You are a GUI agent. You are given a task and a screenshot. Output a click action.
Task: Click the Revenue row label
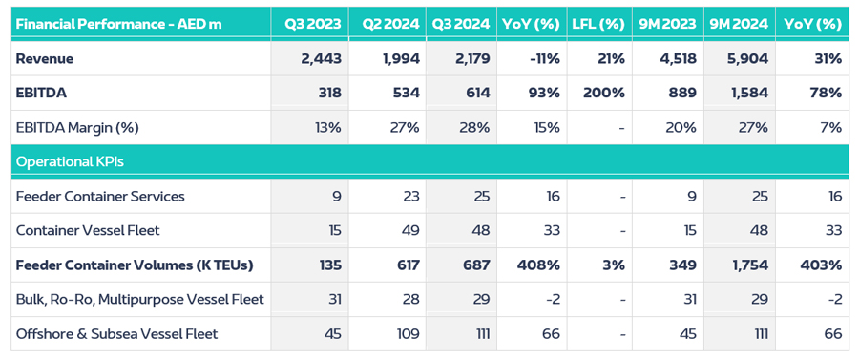tap(45, 59)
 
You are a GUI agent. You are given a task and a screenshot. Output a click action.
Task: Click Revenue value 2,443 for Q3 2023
tap(321, 59)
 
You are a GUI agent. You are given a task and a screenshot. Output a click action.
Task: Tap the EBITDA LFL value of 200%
tap(606, 94)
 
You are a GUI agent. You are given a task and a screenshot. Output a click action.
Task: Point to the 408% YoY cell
tap(539, 265)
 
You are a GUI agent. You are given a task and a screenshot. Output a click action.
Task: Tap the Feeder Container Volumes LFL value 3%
tap(613, 265)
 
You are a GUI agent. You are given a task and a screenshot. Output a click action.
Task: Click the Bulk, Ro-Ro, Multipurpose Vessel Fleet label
tap(139, 299)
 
